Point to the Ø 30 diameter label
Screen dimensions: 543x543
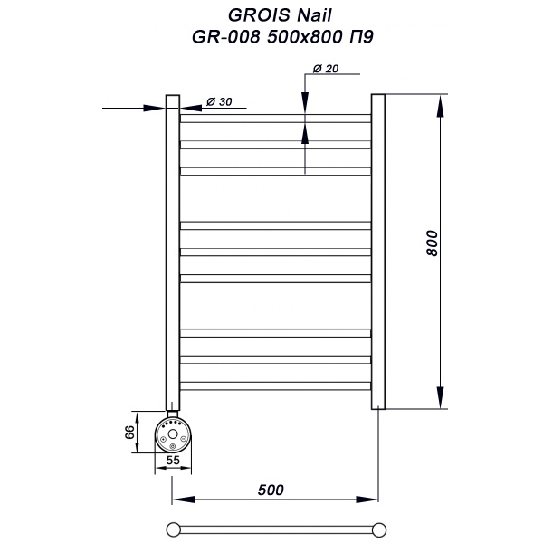coord(220,101)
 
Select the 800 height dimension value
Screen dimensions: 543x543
coord(432,244)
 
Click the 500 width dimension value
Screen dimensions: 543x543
coord(271,490)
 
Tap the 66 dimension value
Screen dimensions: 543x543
coord(130,432)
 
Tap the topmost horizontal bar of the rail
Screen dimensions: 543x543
coord(276,118)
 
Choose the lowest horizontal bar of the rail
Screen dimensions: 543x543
coord(276,386)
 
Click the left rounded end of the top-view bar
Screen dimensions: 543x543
coord(173,529)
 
